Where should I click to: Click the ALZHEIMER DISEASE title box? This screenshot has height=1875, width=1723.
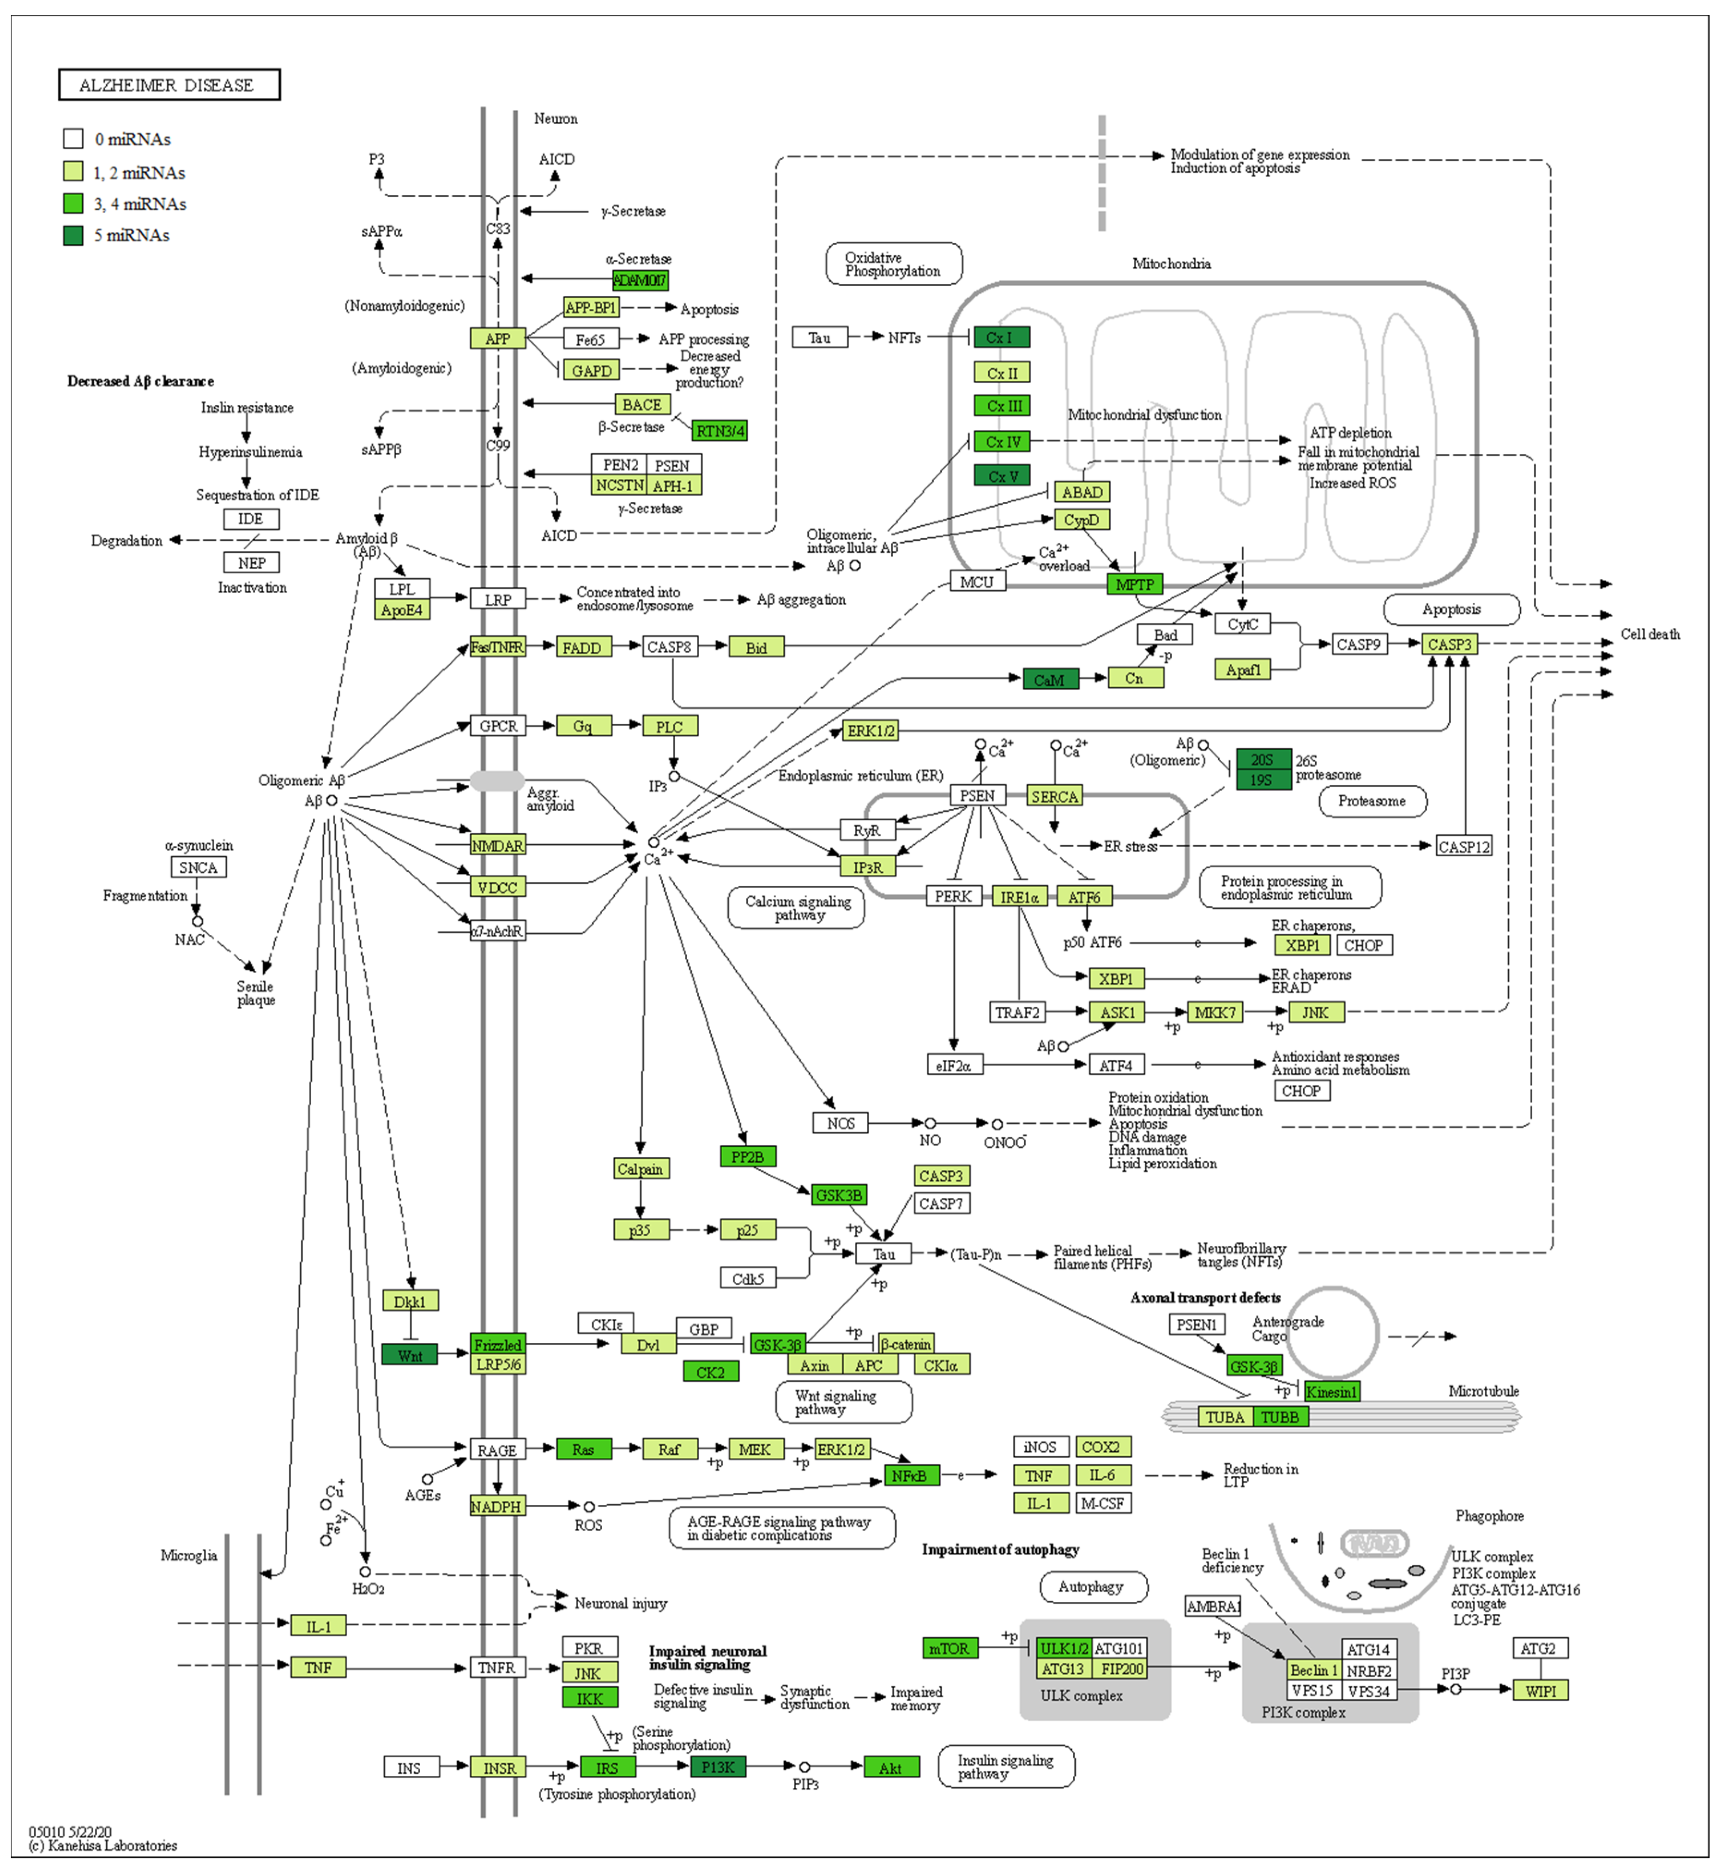[169, 85]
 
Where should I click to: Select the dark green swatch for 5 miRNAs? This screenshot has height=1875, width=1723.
[73, 235]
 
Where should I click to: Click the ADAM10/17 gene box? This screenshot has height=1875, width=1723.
[640, 280]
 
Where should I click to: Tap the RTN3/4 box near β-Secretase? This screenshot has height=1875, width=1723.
[720, 431]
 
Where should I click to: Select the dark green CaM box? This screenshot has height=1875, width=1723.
[1050, 679]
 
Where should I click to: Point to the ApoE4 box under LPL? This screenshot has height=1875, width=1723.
[402, 609]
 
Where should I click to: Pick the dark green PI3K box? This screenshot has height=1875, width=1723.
[718, 1767]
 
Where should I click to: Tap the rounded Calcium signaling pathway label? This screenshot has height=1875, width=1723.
[797, 907]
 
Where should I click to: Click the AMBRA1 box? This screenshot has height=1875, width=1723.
[1212, 1606]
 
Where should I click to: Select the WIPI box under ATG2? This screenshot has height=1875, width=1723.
[1540, 1690]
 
